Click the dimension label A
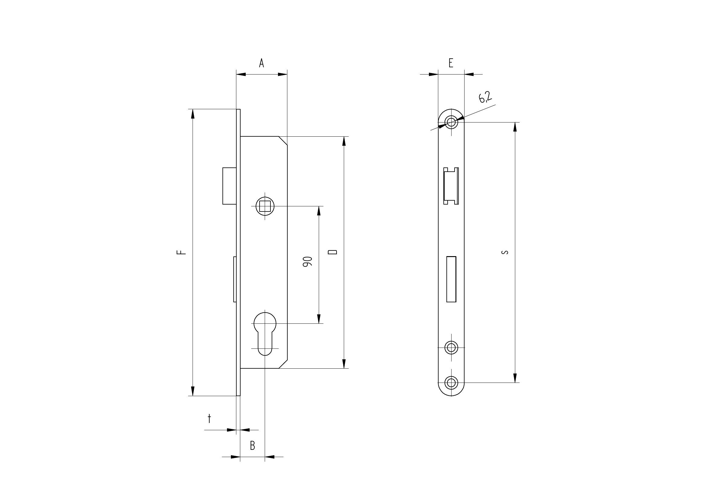(261, 63)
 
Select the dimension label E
(451, 63)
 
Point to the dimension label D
(333, 252)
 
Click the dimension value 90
(308, 261)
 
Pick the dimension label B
(252, 446)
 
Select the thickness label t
(209, 418)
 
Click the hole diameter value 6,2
(485, 97)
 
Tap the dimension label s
(504, 252)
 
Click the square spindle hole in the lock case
(265, 206)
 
